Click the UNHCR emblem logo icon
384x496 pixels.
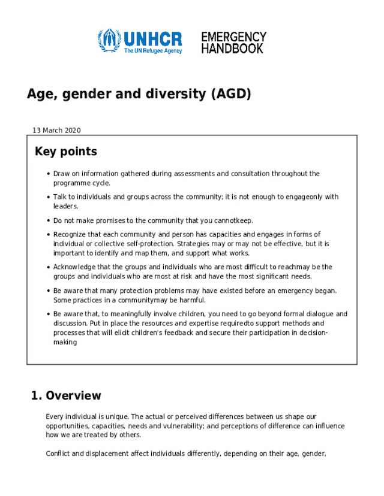[109, 40]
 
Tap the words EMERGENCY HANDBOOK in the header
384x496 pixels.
[233, 43]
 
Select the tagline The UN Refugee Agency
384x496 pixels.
[152, 51]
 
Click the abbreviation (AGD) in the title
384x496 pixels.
[230, 94]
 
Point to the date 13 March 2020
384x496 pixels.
[56, 131]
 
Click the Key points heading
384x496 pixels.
[66, 152]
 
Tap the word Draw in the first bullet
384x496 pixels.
[61, 174]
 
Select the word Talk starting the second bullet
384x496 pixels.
[60, 196]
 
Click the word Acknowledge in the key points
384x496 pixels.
[74, 267]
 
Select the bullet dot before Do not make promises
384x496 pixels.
[47, 220]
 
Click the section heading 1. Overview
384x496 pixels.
[66, 396]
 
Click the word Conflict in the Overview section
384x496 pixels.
[58, 453]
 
